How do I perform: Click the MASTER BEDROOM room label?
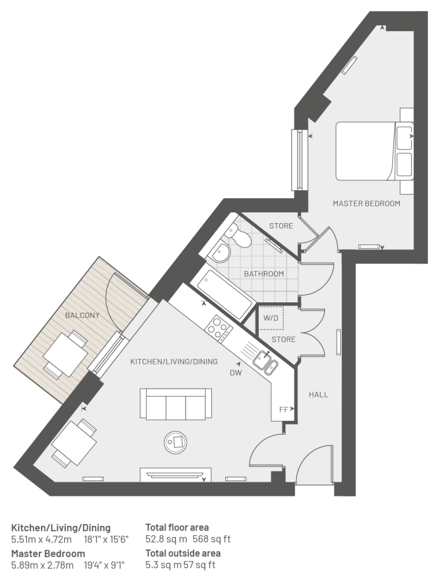[x=366, y=203]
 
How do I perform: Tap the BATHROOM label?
[x=264, y=274]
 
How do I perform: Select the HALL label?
[x=318, y=395]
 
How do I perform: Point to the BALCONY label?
[x=83, y=316]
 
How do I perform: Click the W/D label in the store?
[x=271, y=318]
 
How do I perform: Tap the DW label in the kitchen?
[x=236, y=373]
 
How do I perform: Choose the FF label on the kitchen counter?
[x=284, y=410]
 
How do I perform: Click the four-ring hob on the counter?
[x=219, y=328]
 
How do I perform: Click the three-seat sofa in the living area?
[x=176, y=404]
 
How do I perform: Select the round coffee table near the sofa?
[x=176, y=443]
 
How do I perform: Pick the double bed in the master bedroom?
[x=374, y=151]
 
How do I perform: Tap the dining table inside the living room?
[x=74, y=443]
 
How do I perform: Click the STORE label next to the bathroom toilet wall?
[x=281, y=225]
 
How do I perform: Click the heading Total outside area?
[x=183, y=553]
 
